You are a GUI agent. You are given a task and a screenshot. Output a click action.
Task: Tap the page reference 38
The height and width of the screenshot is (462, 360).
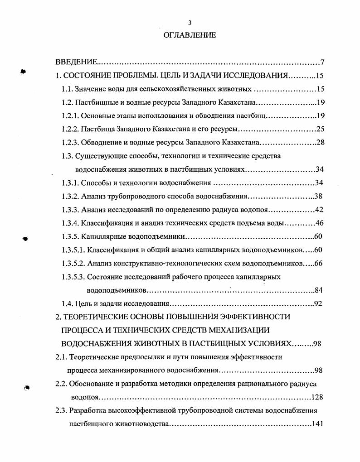(319, 197)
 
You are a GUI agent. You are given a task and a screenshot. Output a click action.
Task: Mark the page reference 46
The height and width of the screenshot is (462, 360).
(320, 223)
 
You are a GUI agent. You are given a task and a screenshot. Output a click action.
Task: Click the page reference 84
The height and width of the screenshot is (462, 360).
(319, 290)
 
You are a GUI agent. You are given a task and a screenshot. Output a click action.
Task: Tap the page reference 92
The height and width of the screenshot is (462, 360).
(319, 303)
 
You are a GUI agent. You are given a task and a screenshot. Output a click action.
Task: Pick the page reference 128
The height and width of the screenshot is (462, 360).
(317, 397)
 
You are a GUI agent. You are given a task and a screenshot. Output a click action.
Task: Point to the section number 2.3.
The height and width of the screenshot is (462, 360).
(61, 411)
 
